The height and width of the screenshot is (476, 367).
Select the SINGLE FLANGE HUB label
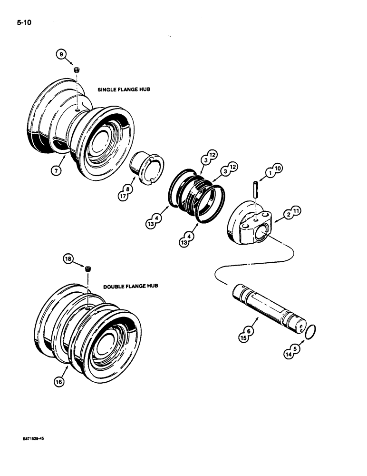click(124, 89)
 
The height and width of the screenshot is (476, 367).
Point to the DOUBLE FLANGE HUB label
click(131, 287)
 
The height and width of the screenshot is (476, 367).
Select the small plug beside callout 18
click(87, 269)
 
